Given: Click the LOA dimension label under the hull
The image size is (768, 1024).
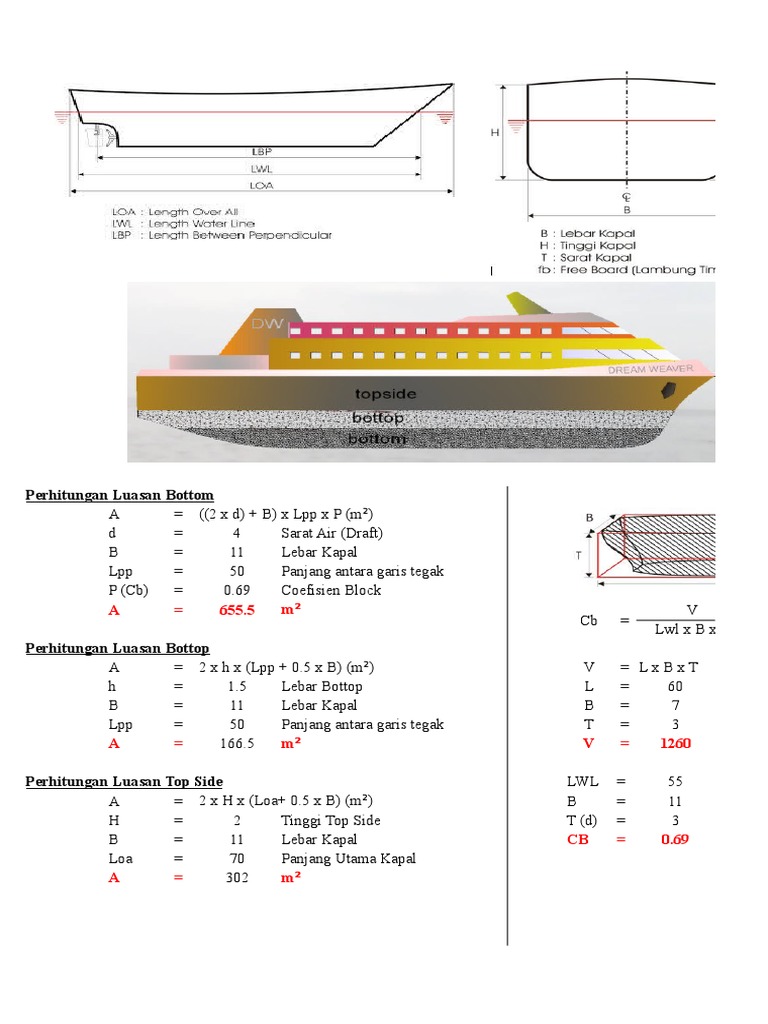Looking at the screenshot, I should pos(263,185).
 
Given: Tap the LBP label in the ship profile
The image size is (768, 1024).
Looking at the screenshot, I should pos(263,152).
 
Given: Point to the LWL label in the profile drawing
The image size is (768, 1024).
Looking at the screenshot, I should pos(263,169).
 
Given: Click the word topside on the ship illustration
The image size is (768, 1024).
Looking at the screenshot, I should pos(384,394).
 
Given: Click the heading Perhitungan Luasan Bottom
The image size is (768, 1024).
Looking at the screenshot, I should pos(119,495).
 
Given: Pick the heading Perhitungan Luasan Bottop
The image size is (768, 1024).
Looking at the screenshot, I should pos(120,648).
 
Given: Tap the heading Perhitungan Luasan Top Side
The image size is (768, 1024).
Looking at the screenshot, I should pos(123,781).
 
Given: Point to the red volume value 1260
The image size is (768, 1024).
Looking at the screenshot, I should pos(674,743).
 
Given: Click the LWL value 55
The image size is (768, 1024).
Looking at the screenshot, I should pos(674,782).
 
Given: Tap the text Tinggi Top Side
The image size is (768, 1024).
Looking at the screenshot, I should pos(331,820).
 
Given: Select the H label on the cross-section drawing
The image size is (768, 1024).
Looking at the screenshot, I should pos(495,131).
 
